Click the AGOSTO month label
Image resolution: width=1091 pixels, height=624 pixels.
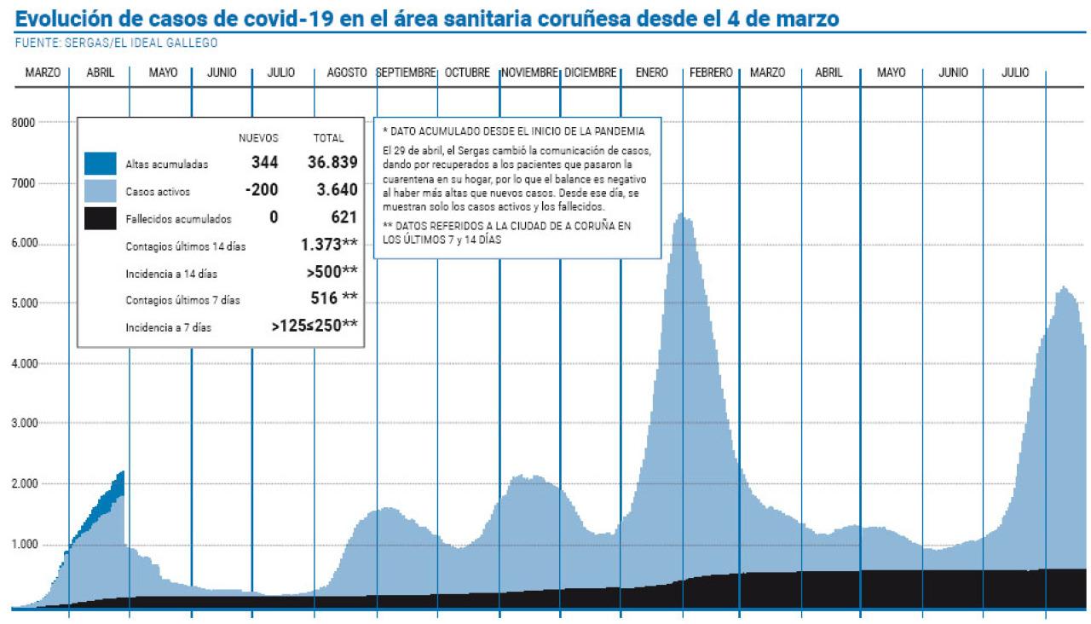(x=347, y=73)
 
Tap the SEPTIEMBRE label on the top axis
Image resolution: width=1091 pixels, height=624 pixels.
(x=407, y=73)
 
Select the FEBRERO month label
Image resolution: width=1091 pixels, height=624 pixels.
(x=711, y=73)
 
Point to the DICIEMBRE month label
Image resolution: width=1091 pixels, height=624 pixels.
(x=590, y=73)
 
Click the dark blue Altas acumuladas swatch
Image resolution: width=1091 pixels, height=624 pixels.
(x=101, y=164)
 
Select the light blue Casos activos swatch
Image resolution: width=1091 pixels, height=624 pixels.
(x=101, y=191)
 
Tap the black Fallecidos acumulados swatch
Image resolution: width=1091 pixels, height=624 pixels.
(x=101, y=218)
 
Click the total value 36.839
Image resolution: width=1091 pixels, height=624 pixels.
(x=332, y=163)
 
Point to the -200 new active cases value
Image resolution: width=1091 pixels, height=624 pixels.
(x=262, y=190)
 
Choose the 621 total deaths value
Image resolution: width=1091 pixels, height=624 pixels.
(x=343, y=217)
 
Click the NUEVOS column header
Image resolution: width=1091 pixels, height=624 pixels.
(x=258, y=138)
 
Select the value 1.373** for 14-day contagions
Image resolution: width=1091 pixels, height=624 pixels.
(x=329, y=245)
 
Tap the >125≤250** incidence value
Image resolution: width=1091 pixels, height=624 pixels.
(x=315, y=325)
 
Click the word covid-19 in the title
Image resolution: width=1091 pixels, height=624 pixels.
(x=278, y=18)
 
